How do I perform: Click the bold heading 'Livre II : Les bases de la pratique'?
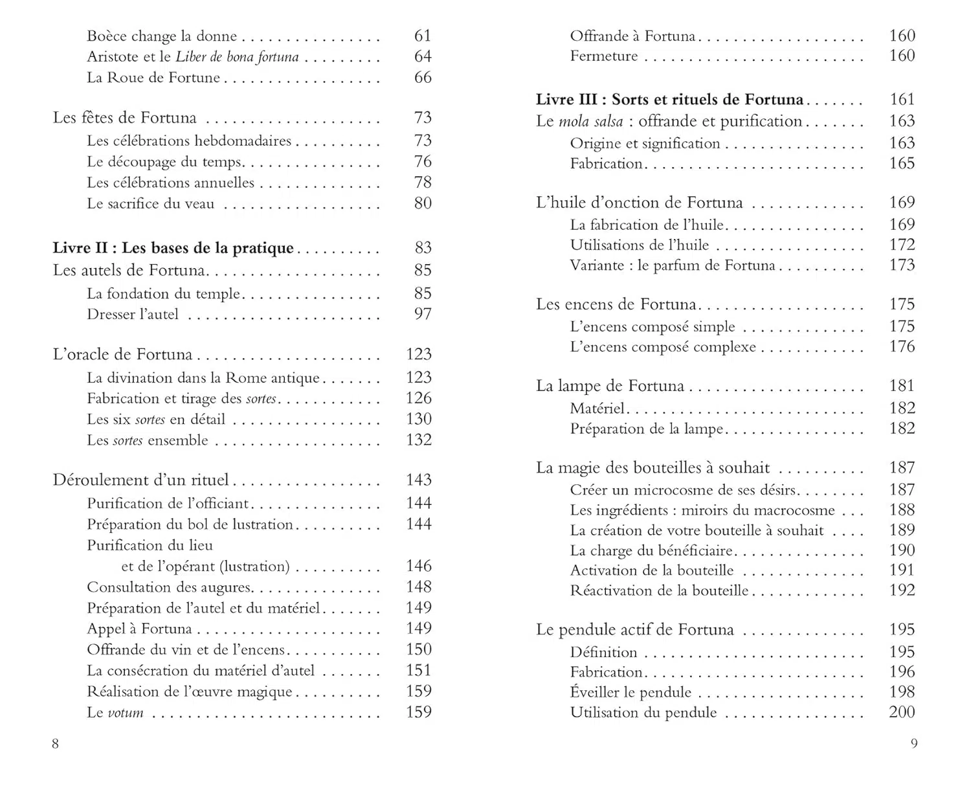[173, 248]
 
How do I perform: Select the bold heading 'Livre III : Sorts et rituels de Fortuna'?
[669, 100]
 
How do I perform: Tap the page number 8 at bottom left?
[55, 743]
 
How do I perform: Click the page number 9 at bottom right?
[914, 743]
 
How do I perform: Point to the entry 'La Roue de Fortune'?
[153, 78]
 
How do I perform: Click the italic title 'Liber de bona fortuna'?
[237, 57]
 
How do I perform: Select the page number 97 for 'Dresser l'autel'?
[423, 314]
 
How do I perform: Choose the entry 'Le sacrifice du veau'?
[150, 204]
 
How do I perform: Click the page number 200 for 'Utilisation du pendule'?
[902, 712]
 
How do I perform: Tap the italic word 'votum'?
[126, 713]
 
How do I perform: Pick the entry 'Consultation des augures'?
[169, 587]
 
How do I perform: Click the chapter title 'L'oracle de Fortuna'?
[122, 354]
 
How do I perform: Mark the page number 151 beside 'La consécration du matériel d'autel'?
[418, 670]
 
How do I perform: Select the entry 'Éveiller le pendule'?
[631, 692]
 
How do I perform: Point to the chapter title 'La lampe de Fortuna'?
[610, 387]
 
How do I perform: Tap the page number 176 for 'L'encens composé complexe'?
[902, 346]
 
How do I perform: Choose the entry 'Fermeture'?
[603, 56]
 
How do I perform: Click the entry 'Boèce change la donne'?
[162, 36]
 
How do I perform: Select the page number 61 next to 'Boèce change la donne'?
[423, 36]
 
